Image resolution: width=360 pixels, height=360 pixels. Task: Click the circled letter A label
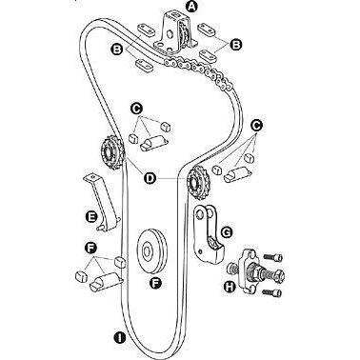pyautogui.click(x=191, y=5)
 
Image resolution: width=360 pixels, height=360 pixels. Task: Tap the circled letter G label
pyautogui.click(x=227, y=232)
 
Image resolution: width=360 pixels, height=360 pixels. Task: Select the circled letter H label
pyautogui.click(x=230, y=287)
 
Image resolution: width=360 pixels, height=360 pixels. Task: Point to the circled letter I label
pyautogui.click(x=120, y=337)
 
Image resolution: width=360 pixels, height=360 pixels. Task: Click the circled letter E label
pyautogui.click(x=91, y=217)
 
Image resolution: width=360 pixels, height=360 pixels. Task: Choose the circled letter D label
pyautogui.click(x=150, y=178)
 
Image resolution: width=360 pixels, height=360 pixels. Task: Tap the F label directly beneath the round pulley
pyautogui.click(x=155, y=282)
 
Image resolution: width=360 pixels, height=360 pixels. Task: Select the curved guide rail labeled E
pyautogui.click(x=102, y=202)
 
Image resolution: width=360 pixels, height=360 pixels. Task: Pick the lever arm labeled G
pyautogui.click(x=208, y=235)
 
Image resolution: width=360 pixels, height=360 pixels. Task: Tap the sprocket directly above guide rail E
pyautogui.click(x=110, y=154)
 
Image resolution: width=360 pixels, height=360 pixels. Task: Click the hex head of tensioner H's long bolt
pyautogui.click(x=278, y=275)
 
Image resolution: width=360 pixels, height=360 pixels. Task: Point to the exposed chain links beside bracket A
pyautogui.click(x=198, y=71)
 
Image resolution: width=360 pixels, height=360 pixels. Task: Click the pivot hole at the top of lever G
pyautogui.click(x=199, y=215)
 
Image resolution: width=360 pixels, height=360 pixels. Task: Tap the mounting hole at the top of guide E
pyautogui.click(x=92, y=176)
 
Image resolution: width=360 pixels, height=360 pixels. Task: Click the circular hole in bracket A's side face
pyautogui.click(x=170, y=33)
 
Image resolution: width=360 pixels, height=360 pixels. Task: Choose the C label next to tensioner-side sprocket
pyautogui.click(x=256, y=126)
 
